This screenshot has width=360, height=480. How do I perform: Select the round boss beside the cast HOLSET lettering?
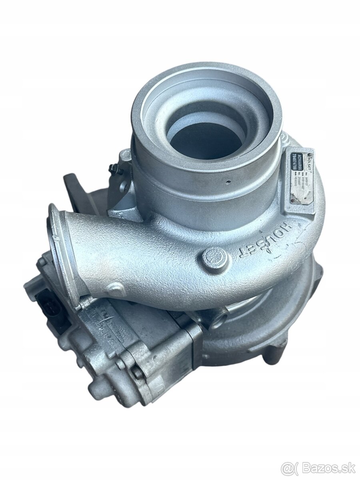(x=217, y=258)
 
